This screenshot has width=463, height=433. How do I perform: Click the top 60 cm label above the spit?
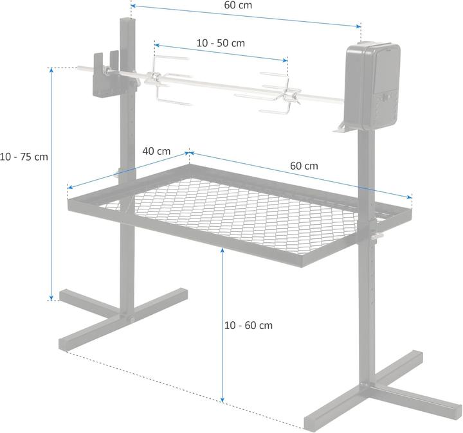click(x=238, y=5)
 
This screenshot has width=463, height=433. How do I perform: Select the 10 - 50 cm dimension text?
click(x=221, y=43)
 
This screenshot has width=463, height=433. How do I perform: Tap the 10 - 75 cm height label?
click(x=24, y=156)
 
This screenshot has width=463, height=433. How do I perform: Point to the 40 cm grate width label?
click(x=156, y=151)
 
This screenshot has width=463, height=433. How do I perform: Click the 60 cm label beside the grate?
click(x=304, y=165)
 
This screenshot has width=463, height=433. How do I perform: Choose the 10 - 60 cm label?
click(x=248, y=325)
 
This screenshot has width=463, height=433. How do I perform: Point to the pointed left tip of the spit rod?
click(x=78, y=67)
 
